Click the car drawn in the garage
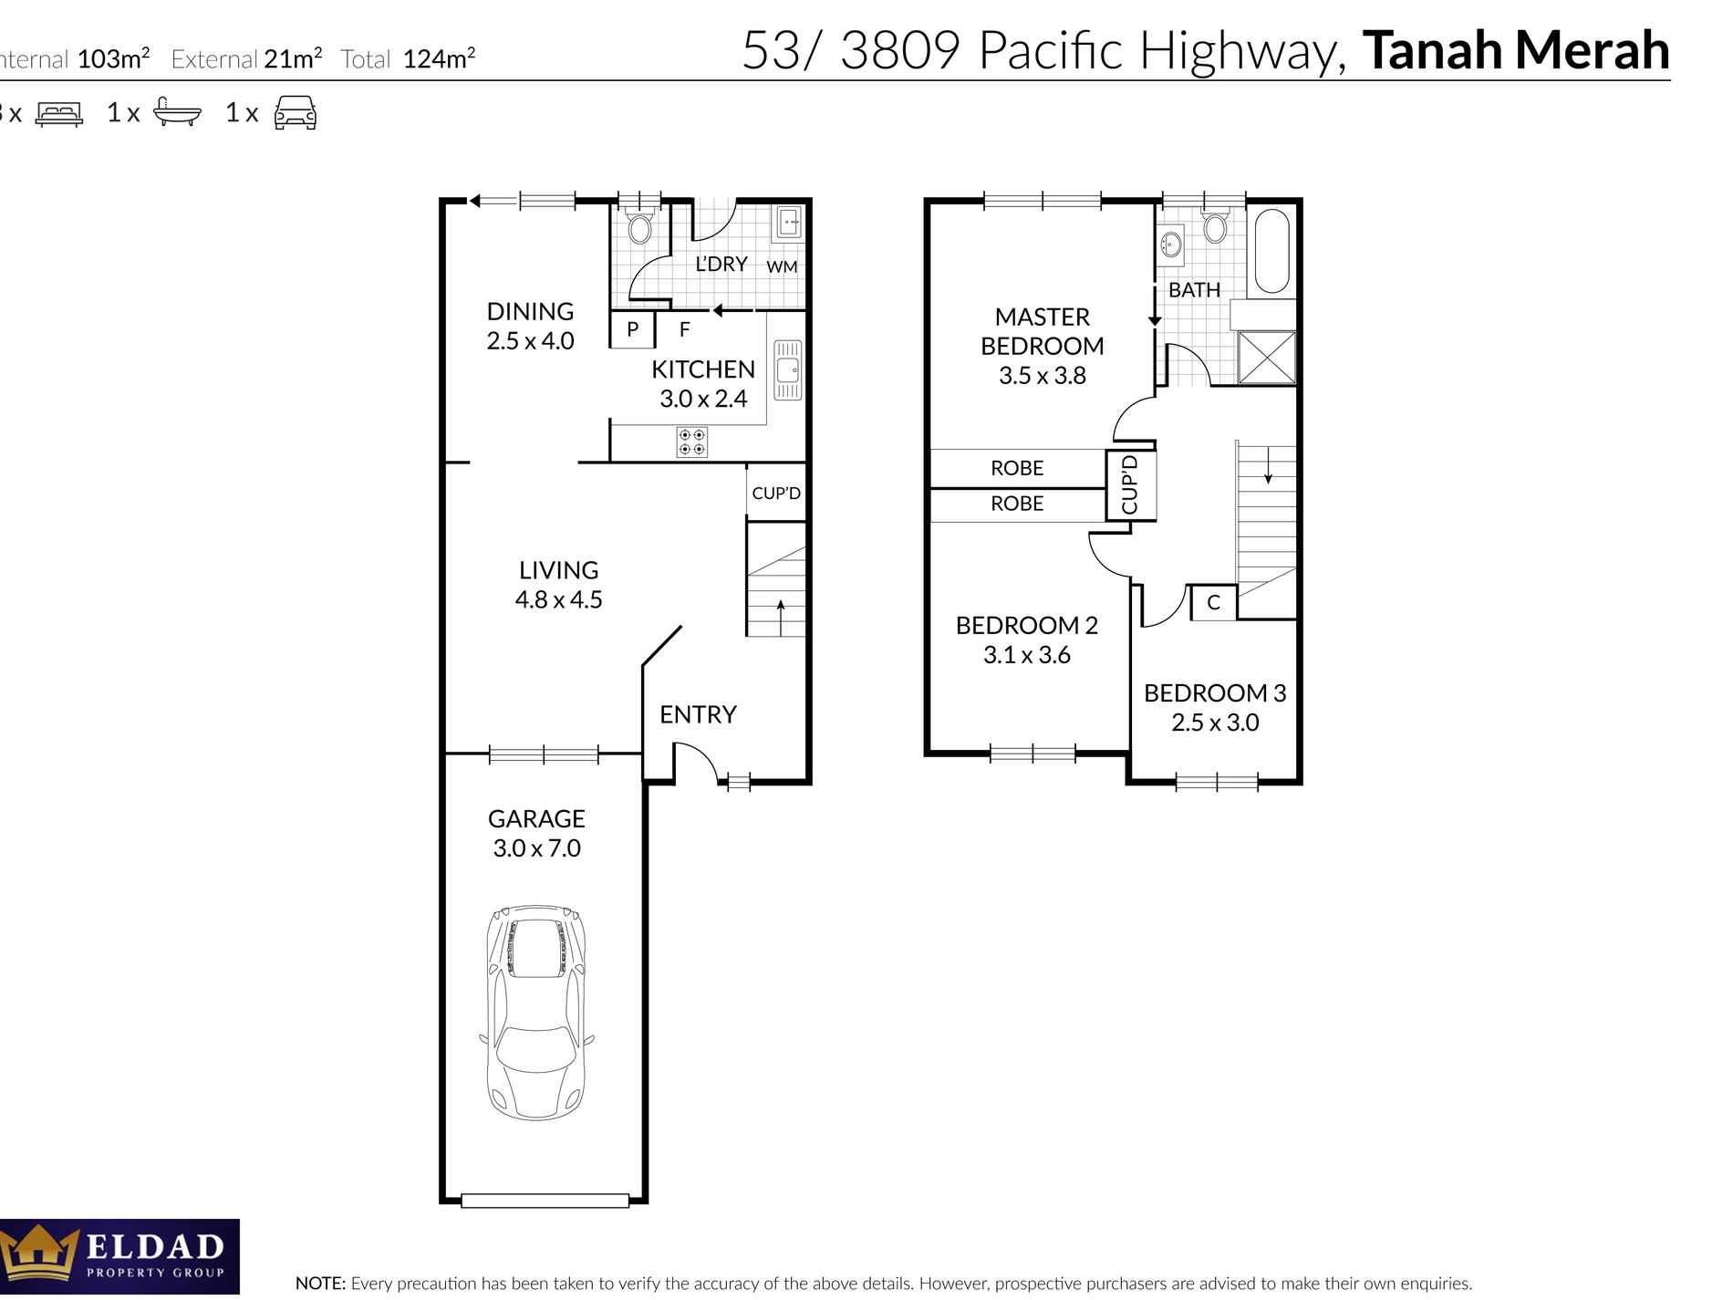536,1013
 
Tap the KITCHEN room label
703,369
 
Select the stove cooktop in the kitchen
692,442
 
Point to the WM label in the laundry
782,266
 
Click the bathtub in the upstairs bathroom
1272,252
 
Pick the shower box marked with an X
1267,357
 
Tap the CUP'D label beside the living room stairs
776,494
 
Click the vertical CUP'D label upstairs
1130,484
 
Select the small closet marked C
1213,603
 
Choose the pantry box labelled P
632,329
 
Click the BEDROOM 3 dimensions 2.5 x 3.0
1215,723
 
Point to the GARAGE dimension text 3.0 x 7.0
536,848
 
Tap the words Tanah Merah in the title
1516,50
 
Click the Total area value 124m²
439,58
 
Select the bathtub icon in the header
177,111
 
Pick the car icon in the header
296,112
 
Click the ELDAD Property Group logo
119,1256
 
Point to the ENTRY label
698,714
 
